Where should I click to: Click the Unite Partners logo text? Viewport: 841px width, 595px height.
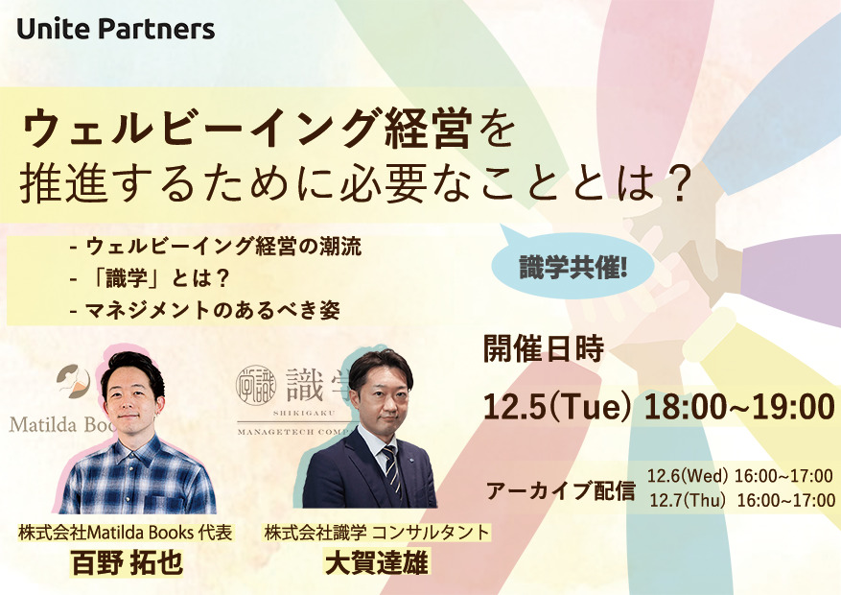(x=116, y=29)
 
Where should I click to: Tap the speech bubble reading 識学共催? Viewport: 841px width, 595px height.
(x=572, y=266)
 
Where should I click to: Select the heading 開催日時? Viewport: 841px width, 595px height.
(x=544, y=349)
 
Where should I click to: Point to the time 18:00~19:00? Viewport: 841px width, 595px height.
(x=739, y=407)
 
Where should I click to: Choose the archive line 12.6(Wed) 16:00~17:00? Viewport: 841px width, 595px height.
(x=739, y=476)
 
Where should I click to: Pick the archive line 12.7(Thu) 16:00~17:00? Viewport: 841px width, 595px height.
(x=742, y=501)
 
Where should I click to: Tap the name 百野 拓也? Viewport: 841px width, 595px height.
(x=128, y=562)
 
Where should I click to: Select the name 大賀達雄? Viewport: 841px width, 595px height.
(x=377, y=562)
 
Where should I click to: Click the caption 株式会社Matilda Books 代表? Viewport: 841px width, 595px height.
(x=125, y=533)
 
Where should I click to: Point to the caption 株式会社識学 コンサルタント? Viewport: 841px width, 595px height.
(x=377, y=533)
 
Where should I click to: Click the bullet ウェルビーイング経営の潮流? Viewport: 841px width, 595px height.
(x=216, y=247)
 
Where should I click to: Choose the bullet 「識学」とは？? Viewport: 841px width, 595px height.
(x=151, y=278)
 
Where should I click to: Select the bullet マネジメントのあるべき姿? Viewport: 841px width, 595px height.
(x=205, y=311)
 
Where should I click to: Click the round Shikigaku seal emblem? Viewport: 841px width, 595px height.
(x=256, y=385)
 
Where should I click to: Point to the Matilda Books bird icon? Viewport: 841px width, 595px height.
(x=73, y=381)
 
